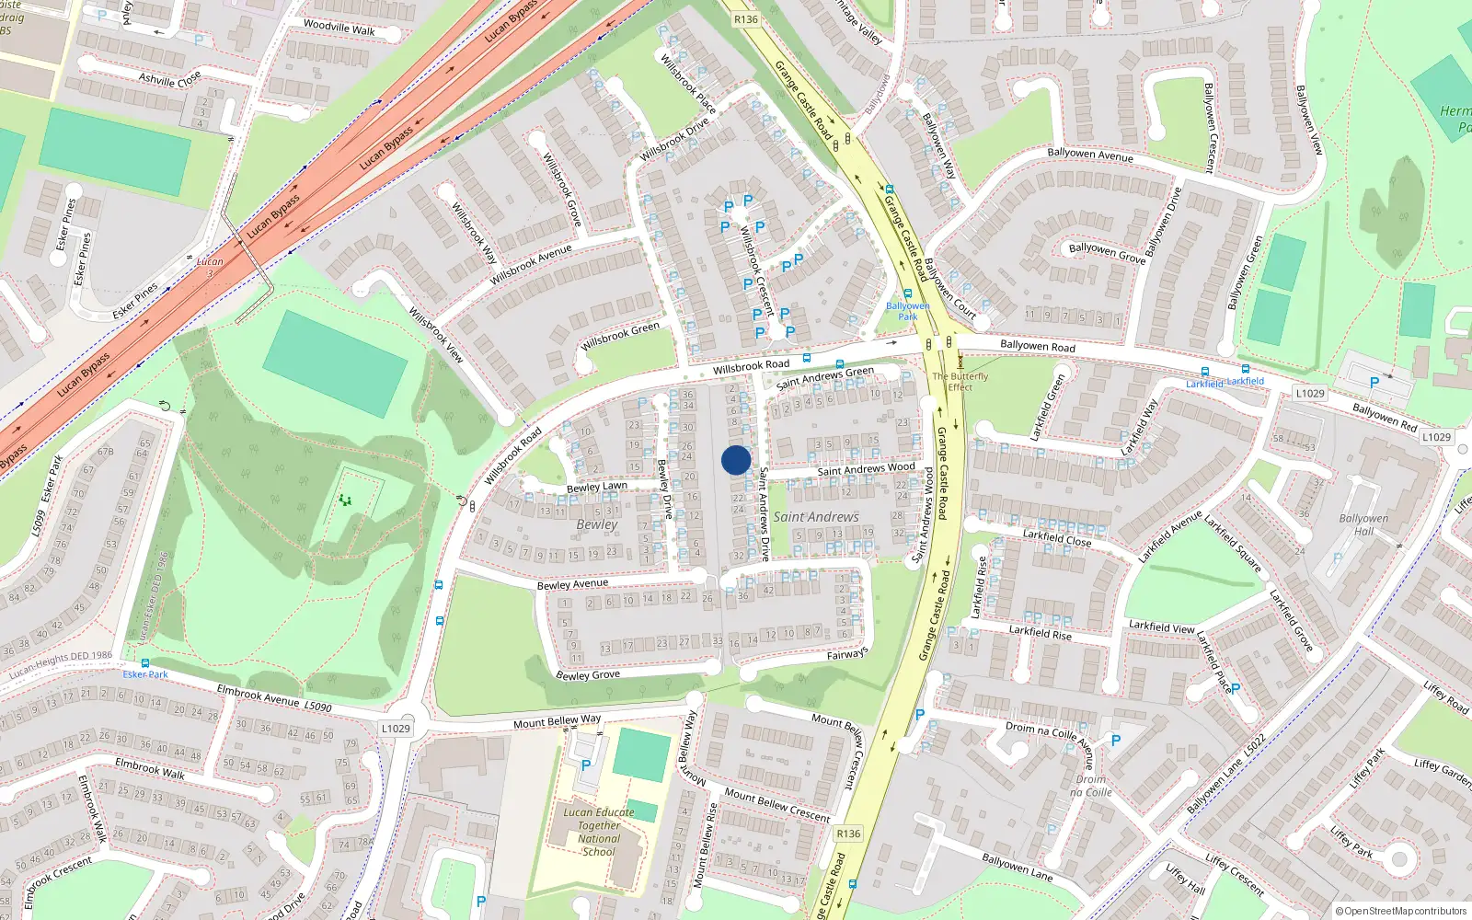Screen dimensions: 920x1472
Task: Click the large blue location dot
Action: [736, 460]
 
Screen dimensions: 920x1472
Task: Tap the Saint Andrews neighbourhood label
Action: [815, 517]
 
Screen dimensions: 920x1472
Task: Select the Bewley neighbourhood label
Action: [597, 524]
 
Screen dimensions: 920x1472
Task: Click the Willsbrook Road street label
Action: [751, 366]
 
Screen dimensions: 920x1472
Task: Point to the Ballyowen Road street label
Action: [1037, 346]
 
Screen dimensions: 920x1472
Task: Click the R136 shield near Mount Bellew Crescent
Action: [848, 834]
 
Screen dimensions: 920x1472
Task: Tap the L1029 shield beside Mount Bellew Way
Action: [396, 729]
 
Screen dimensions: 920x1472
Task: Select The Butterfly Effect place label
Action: [960, 382]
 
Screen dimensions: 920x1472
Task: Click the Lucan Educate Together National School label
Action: [599, 832]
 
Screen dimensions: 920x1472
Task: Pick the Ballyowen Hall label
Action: [1363, 524]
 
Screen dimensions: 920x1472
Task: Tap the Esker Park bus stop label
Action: [145, 674]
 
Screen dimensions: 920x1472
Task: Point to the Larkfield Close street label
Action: [1057, 537]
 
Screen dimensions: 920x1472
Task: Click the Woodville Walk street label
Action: [339, 28]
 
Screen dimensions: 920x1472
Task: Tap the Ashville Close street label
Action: [169, 79]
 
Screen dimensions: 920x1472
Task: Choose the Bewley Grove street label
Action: [588, 675]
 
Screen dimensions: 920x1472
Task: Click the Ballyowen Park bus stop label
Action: [907, 311]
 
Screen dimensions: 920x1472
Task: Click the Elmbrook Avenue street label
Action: [273, 698]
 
